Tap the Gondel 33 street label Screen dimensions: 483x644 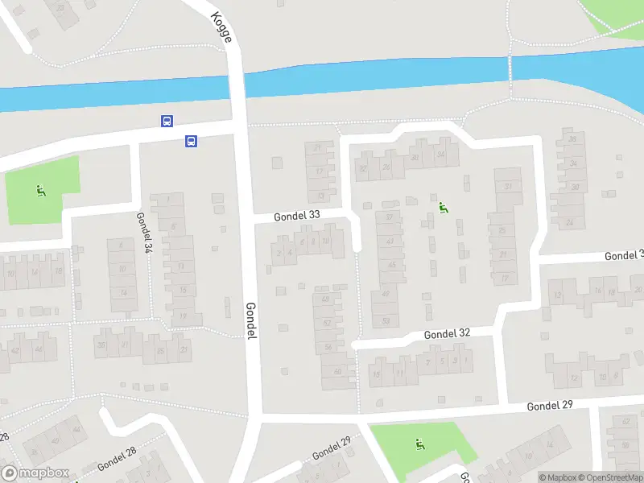coord(297,216)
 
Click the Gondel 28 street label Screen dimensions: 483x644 coord(117,460)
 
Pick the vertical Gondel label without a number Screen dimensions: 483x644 coord(250,320)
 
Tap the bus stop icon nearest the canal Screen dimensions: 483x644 coord(167,122)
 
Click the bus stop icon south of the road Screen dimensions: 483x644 coord(192,141)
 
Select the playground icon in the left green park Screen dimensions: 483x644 coord(39,191)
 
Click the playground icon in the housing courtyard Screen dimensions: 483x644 coord(443,208)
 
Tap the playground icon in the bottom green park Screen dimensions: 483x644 coord(419,444)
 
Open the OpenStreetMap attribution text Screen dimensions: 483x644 coord(609,477)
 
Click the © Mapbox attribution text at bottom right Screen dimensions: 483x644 coord(559,477)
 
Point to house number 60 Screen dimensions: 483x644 coord(337,371)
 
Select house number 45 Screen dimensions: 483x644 coord(392,265)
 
